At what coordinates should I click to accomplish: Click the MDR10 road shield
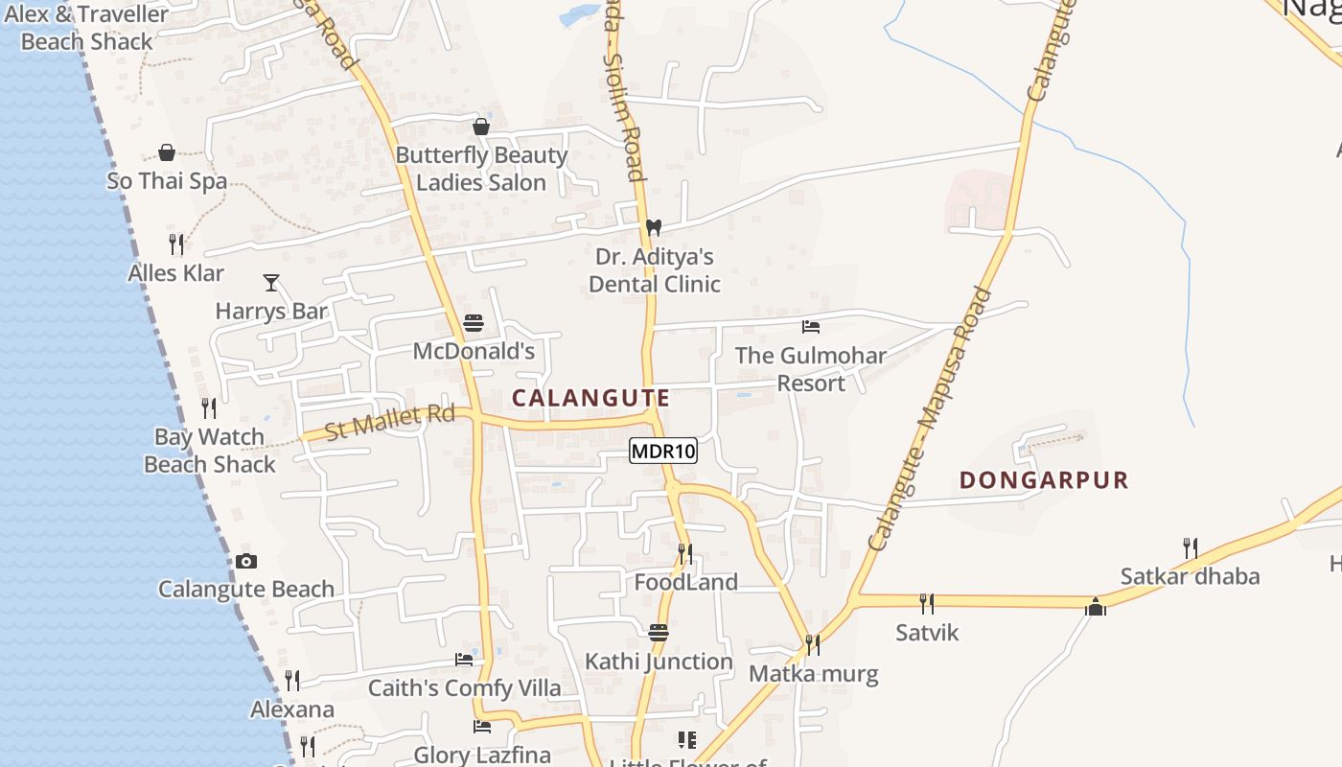click(662, 451)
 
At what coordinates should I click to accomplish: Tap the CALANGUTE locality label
click(590, 398)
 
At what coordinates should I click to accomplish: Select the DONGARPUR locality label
click(1044, 480)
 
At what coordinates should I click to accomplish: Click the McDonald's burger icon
click(474, 324)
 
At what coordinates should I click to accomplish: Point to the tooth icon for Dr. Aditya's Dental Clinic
click(654, 228)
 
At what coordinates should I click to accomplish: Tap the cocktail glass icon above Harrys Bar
click(271, 283)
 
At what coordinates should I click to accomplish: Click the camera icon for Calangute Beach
click(246, 562)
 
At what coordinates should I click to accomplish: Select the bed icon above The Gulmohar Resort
click(811, 327)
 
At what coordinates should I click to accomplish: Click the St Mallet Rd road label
click(389, 421)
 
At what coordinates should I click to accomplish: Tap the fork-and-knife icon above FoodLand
click(685, 554)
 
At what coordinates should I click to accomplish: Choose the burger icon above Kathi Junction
click(659, 633)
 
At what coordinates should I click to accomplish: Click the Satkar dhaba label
click(1190, 576)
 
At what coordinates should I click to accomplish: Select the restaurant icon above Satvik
click(927, 604)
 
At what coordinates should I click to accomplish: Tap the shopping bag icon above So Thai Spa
click(167, 153)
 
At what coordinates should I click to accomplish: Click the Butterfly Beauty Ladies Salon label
click(481, 169)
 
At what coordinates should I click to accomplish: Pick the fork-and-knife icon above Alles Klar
click(176, 244)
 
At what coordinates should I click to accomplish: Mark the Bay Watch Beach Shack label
click(209, 451)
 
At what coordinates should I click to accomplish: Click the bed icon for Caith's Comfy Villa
click(464, 660)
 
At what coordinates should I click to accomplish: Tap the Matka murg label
click(813, 673)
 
